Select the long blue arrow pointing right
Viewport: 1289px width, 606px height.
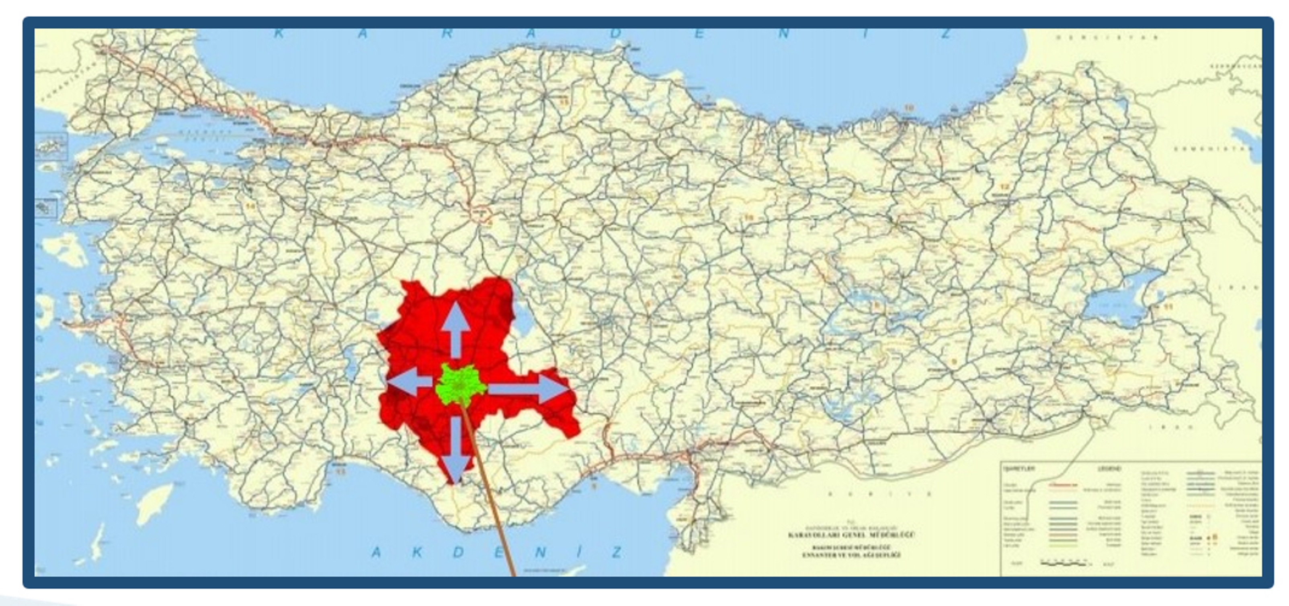(531, 388)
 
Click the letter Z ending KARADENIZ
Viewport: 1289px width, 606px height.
(946, 33)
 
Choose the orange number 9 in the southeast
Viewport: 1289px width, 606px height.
(953, 361)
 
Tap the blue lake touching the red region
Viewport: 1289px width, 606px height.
(523, 320)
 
